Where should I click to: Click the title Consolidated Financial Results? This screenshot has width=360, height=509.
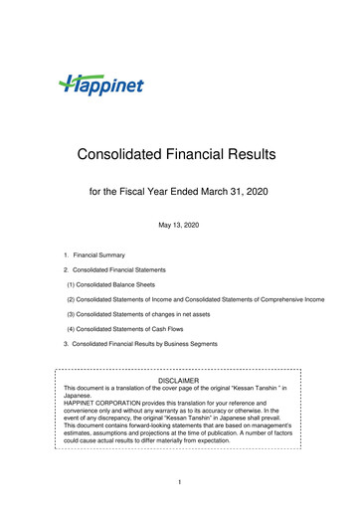[x=179, y=154]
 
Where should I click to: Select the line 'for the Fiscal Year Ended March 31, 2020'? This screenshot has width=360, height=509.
[x=179, y=190]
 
